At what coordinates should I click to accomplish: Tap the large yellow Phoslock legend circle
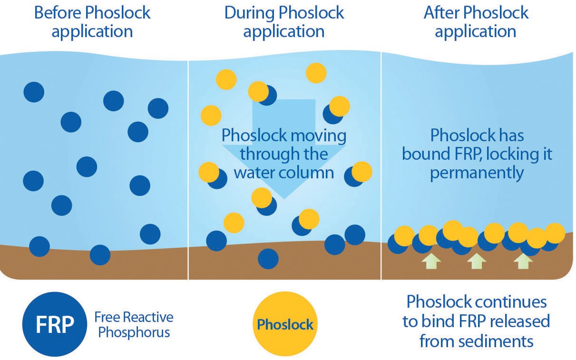[284, 325]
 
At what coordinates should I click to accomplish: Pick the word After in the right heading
[441, 13]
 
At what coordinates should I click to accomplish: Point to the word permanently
[477, 173]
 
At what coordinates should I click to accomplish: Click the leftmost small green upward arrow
[430, 261]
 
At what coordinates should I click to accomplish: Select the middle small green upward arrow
[476, 261]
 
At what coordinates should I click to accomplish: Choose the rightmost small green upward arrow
[523, 261]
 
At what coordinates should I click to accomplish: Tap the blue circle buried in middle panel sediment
[268, 259]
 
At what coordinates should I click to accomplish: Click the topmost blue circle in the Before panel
[34, 92]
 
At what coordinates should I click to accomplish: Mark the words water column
[284, 172]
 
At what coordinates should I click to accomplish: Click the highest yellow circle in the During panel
[316, 73]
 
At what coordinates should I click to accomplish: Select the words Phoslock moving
[284, 136]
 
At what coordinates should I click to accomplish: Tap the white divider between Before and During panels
[188, 166]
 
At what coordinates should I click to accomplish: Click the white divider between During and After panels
[381, 166]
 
